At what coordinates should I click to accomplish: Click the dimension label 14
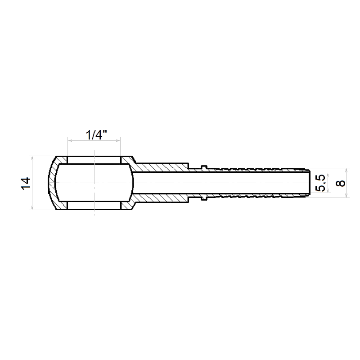(x=26, y=183)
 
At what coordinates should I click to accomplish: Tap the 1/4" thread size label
(x=96, y=135)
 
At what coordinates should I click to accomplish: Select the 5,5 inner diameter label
(x=320, y=183)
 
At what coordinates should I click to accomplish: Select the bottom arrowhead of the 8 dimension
(x=346, y=195)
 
